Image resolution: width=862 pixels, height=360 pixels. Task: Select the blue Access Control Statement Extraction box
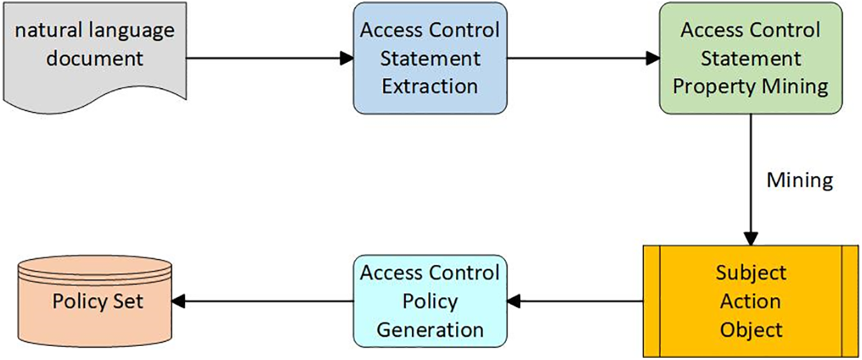click(430, 58)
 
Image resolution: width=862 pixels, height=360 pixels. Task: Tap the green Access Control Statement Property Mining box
click(750, 58)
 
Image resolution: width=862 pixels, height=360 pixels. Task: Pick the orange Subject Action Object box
click(751, 301)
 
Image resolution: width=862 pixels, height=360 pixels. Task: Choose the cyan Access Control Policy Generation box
click(430, 301)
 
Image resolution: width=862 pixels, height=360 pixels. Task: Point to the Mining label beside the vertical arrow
click(799, 181)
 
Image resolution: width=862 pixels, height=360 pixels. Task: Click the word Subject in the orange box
click(751, 272)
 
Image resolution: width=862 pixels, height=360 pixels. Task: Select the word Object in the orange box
click(751, 329)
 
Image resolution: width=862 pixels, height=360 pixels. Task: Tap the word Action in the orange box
click(751, 301)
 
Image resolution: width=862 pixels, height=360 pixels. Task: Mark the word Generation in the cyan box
click(430, 329)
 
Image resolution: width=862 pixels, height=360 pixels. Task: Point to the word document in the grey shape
click(94, 58)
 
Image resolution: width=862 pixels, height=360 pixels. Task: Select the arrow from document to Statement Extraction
click(269, 58)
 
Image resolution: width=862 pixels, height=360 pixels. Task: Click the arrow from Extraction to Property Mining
click(583, 58)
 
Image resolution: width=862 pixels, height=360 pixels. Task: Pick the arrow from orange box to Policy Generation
click(576, 301)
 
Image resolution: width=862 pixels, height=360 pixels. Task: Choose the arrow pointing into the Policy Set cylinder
click(262, 301)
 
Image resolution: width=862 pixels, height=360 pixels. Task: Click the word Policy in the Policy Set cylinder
click(76, 301)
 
